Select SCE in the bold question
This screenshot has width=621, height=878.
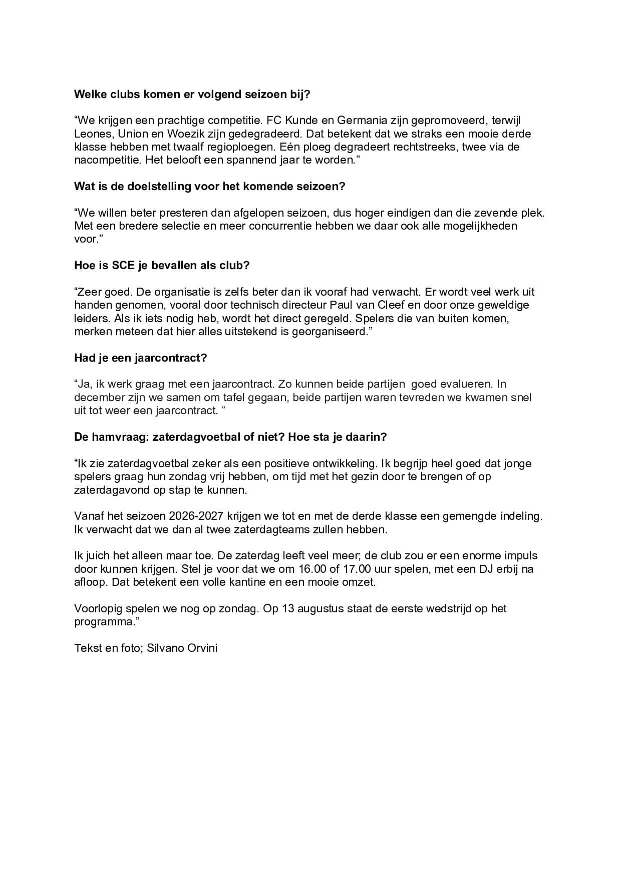coord(123,266)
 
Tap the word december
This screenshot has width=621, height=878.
coord(98,398)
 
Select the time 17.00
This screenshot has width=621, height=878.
coord(338,569)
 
